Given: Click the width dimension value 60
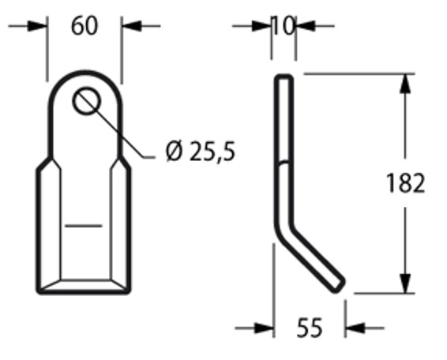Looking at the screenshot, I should point(85,26).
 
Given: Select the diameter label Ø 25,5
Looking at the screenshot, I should point(200,151).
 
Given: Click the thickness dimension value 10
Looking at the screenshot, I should point(283,26).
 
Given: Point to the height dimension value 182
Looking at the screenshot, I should point(406,183).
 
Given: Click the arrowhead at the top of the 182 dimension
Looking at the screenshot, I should point(405,82).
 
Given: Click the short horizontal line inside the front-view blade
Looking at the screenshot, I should point(84,227).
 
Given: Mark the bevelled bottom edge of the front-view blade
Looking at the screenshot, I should point(85,285).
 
